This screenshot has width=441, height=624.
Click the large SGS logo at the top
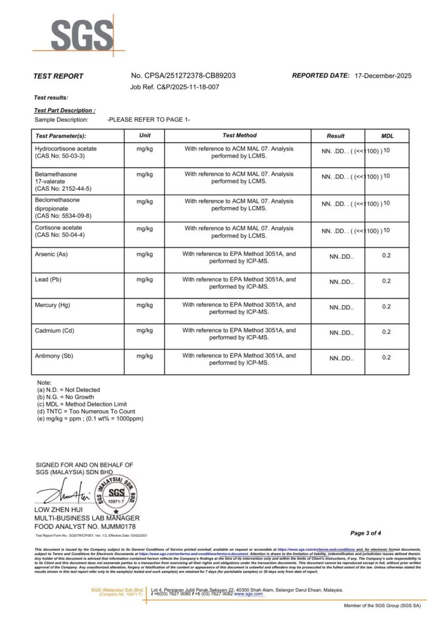coord(82,35)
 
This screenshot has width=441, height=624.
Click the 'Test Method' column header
coord(239,135)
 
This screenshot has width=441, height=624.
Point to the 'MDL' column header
coord(387,135)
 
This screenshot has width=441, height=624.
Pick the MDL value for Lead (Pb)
coord(386,281)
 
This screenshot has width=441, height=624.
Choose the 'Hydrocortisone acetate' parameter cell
coord(66,149)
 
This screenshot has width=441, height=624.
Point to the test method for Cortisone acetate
coord(239,232)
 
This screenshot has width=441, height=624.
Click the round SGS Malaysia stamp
coord(116,492)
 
